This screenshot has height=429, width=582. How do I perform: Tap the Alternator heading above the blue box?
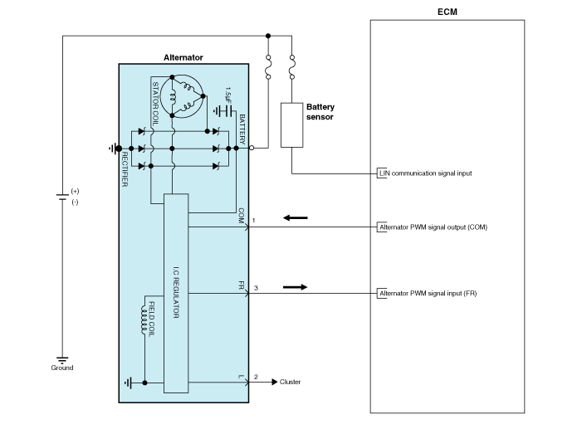point(183,57)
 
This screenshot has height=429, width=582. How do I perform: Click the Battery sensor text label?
point(320,112)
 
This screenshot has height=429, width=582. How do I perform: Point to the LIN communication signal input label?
point(425,174)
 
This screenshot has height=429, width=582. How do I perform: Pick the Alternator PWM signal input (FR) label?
point(427,293)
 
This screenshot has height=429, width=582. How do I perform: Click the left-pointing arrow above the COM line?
point(295,218)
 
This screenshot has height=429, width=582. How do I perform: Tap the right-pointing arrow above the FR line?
point(295,287)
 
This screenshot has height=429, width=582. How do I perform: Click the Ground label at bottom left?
point(61,368)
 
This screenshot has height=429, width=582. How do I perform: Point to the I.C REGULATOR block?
point(176,293)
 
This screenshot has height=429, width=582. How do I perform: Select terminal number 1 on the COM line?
point(254,220)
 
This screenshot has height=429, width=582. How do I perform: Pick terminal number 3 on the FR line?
point(256,287)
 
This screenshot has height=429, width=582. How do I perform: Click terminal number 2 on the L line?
point(256,378)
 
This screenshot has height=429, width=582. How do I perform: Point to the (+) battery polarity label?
point(76,191)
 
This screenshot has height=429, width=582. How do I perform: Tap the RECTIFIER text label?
point(125,168)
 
